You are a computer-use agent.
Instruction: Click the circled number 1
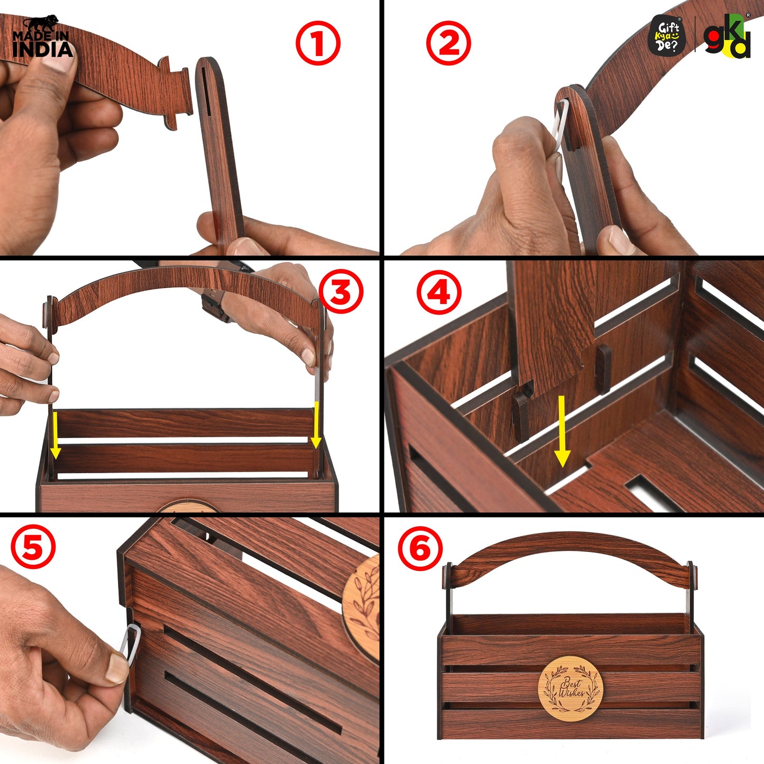318,43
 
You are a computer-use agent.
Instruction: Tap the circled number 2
448,43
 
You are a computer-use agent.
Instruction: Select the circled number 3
340,292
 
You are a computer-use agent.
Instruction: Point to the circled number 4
439,293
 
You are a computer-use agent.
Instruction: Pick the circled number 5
33,548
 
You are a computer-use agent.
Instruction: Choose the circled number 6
420,548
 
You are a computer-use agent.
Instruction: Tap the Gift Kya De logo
667,35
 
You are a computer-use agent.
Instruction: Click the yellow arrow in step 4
562,431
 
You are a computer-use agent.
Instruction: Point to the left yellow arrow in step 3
55,435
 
